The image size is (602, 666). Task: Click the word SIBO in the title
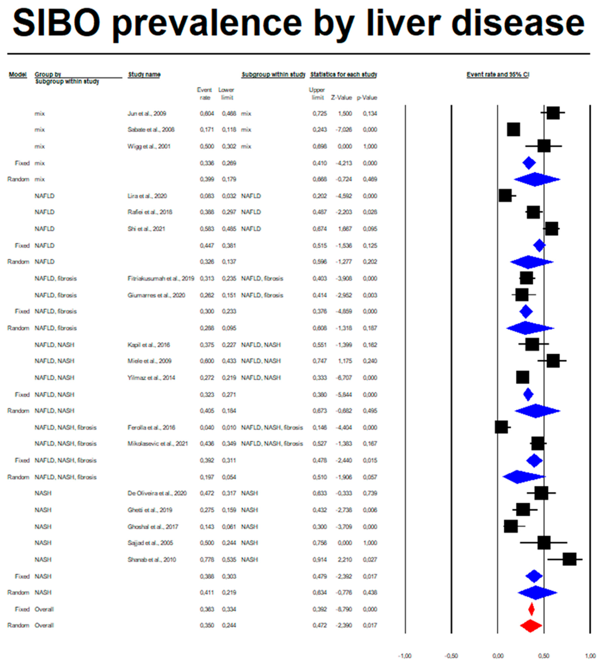(x=56, y=23)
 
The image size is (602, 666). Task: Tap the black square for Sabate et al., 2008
(x=513, y=130)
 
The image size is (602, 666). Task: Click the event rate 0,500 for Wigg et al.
(x=207, y=146)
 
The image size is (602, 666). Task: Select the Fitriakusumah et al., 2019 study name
(x=161, y=279)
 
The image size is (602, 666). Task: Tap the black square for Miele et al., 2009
(x=553, y=361)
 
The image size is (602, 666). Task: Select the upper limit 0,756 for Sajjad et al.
(x=319, y=543)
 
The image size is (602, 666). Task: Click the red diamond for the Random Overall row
(x=531, y=625)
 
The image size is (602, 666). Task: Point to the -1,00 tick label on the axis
(x=405, y=656)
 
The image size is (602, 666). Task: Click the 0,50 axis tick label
(x=544, y=656)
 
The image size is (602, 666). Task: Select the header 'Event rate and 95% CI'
(x=498, y=75)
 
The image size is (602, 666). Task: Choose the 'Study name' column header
(x=144, y=75)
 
